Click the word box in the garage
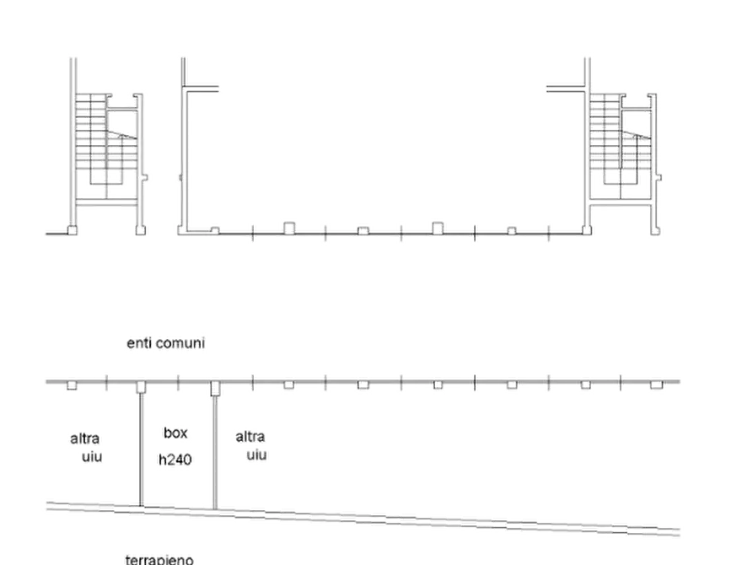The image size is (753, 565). [x=175, y=433]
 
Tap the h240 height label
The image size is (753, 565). [x=175, y=460]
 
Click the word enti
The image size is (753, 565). [x=139, y=343]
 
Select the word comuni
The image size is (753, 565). [x=180, y=343]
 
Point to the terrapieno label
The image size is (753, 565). [x=159, y=560]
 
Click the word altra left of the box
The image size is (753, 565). [x=85, y=439]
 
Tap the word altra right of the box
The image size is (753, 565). [x=250, y=437]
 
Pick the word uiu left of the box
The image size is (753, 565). [x=92, y=456]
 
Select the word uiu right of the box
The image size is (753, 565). [x=257, y=455]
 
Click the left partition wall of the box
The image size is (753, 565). [x=141, y=449]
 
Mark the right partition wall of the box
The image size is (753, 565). [x=215, y=452]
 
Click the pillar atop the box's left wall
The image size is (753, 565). [x=141, y=387]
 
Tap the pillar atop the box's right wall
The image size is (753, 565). [x=215, y=388]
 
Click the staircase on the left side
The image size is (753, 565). [x=106, y=147]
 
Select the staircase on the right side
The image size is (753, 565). [x=621, y=147]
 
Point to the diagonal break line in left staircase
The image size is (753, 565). [x=121, y=135]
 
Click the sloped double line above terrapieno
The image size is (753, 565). [x=363, y=518]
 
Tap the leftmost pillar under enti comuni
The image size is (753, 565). [x=72, y=385]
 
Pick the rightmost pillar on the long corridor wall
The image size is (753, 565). [x=657, y=385]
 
